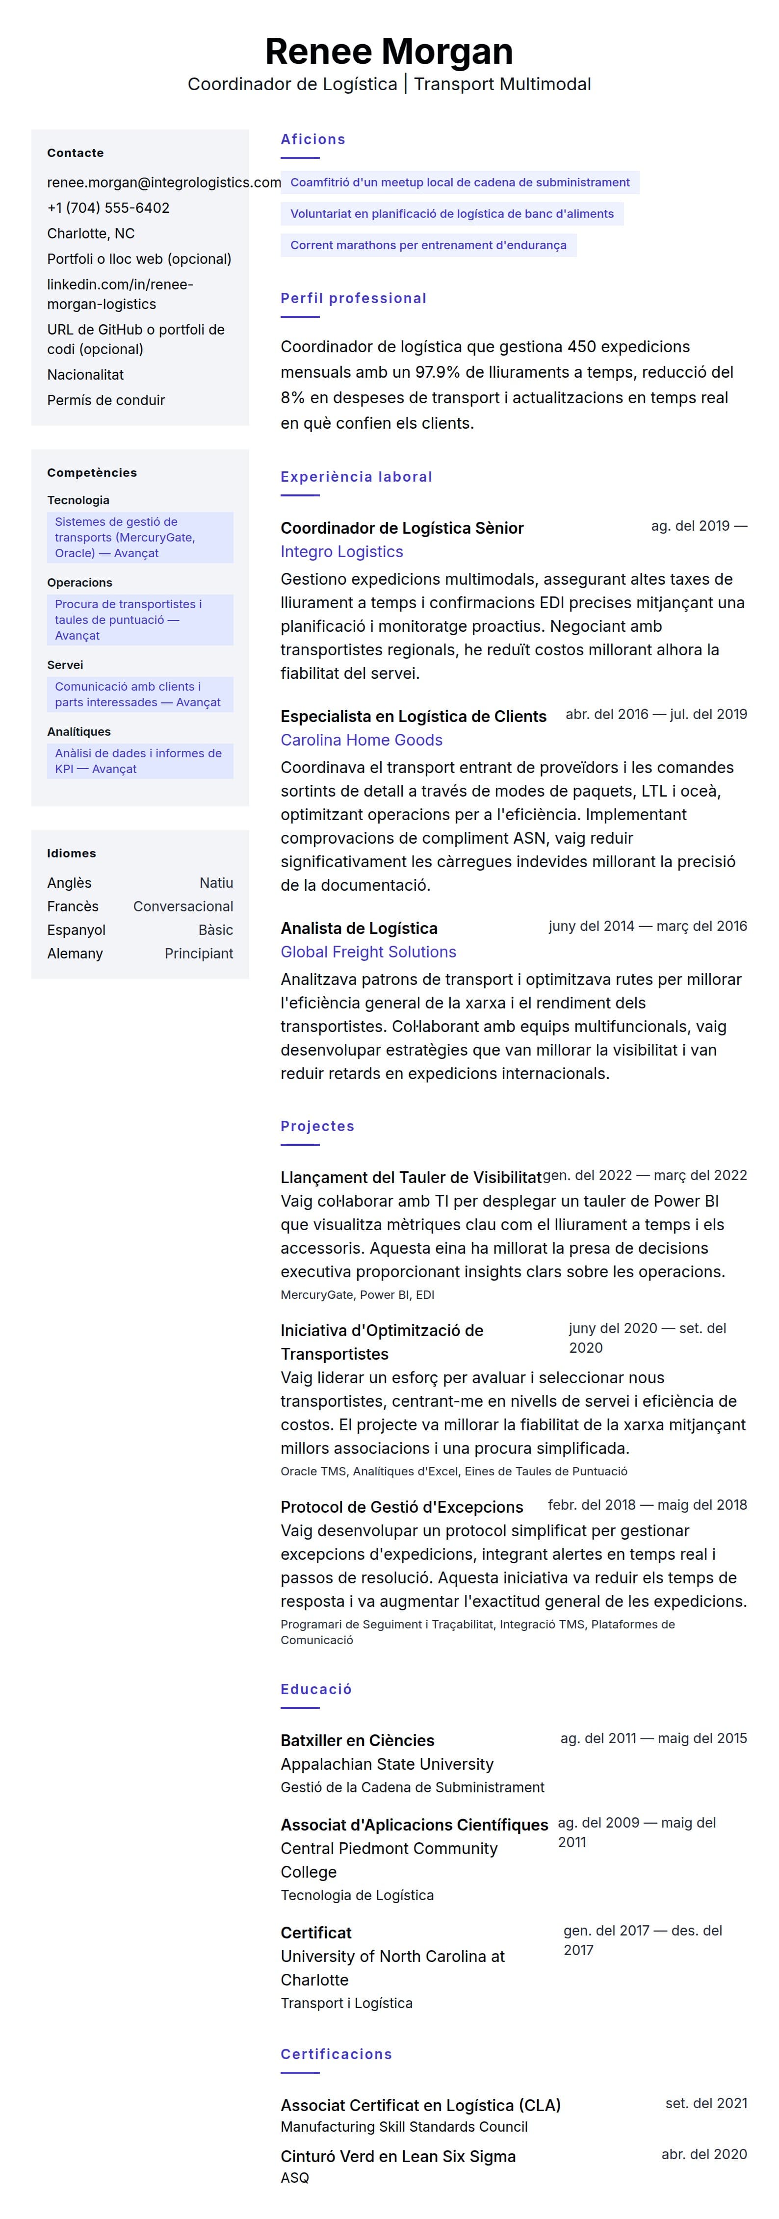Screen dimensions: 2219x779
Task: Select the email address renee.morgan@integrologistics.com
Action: (x=164, y=182)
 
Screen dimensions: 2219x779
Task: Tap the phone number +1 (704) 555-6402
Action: (x=108, y=207)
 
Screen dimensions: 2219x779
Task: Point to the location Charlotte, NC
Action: (x=90, y=233)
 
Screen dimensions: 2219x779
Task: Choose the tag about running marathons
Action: (x=428, y=246)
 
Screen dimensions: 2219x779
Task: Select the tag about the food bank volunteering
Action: (x=451, y=214)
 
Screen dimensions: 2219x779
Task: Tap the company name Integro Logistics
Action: (x=341, y=552)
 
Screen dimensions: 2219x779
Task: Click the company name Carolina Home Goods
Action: (x=361, y=740)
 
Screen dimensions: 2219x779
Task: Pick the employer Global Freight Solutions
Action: (x=368, y=952)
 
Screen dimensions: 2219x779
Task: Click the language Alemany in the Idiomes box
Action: (x=75, y=954)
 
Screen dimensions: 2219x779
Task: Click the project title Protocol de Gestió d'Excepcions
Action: (x=402, y=1507)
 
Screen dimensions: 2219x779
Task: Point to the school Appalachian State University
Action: (x=387, y=1764)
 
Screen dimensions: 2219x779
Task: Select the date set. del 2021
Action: (x=706, y=2104)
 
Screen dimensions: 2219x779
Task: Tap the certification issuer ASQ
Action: (x=295, y=2178)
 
